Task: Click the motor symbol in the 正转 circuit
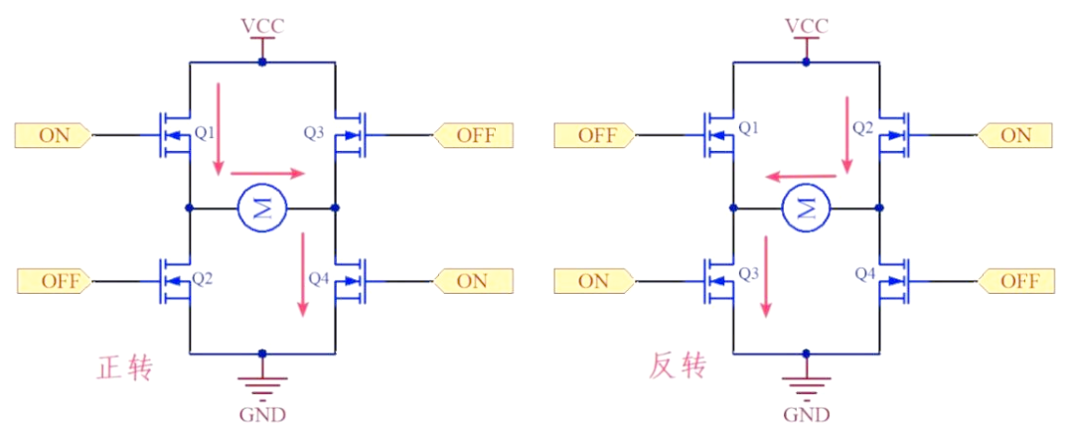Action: (262, 209)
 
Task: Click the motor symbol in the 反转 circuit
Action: (806, 209)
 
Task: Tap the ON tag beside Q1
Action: (55, 135)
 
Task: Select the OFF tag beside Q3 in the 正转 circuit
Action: (474, 135)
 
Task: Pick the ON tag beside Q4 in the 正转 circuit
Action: (474, 282)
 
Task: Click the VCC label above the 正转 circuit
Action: (262, 25)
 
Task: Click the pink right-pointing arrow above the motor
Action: (267, 174)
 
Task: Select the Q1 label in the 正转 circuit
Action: (204, 130)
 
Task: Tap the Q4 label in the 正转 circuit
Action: (318, 278)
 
